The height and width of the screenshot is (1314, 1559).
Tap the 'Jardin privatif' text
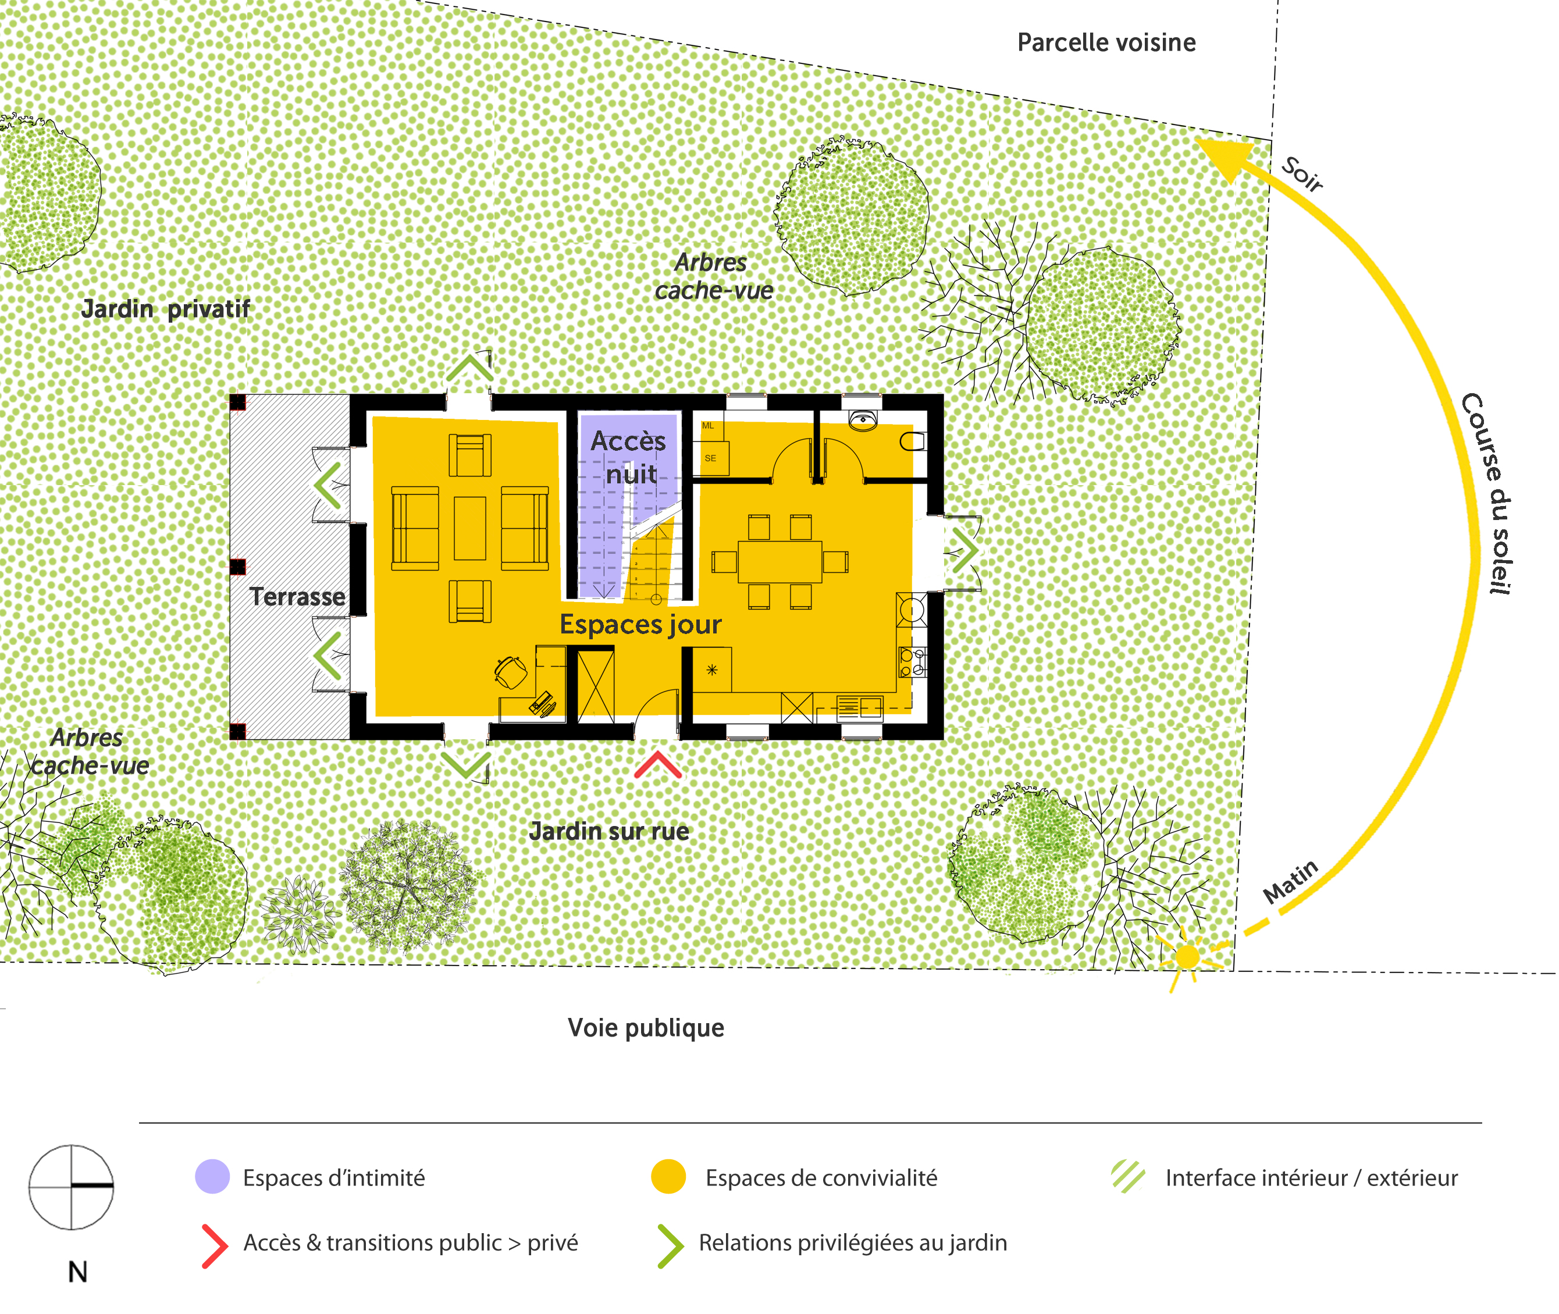[x=165, y=308]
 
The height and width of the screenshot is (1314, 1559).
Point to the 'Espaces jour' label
[x=640, y=624]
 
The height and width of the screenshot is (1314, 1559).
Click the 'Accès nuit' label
[x=629, y=457]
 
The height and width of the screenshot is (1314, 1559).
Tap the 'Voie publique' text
[x=646, y=1027]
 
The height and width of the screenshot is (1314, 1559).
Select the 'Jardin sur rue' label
[x=609, y=831]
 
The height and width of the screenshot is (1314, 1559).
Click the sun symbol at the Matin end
[x=1187, y=956]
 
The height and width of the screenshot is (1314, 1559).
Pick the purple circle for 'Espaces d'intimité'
[x=212, y=1177]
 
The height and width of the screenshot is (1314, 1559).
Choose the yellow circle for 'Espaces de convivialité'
[x=668, y=1177]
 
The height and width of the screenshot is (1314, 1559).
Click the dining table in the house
[x=780, y=562]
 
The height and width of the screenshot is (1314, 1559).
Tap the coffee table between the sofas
[x=470, y=528]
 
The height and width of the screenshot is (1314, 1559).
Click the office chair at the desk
[x=511, y=672]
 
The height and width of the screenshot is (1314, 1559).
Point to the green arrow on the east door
[x=966, y=552]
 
